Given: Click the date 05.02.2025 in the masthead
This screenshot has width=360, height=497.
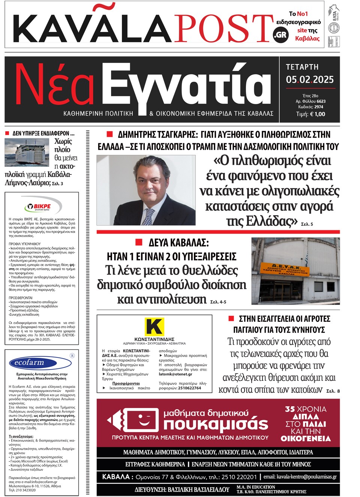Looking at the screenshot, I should [x=309, y=80].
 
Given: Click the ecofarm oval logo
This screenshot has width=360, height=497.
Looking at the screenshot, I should [x=40, y=363].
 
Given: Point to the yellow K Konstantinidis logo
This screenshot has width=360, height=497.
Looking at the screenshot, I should [x=154, y=327].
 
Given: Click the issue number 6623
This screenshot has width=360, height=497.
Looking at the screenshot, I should [x=321, y=101].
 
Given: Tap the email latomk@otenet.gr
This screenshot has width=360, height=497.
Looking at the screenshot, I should [x=175, y=374].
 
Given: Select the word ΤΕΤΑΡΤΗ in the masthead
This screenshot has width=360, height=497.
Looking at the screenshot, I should [x=302, y=67].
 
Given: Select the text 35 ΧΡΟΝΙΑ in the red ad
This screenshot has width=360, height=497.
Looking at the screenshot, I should [x=306, y=409].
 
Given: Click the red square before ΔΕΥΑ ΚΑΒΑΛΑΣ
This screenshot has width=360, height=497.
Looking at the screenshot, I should [x=139, y=242].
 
